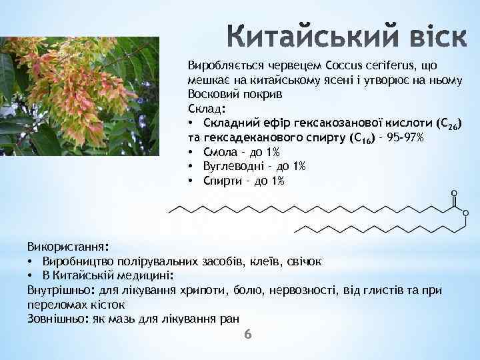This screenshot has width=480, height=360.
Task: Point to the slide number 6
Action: coord(248,333)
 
